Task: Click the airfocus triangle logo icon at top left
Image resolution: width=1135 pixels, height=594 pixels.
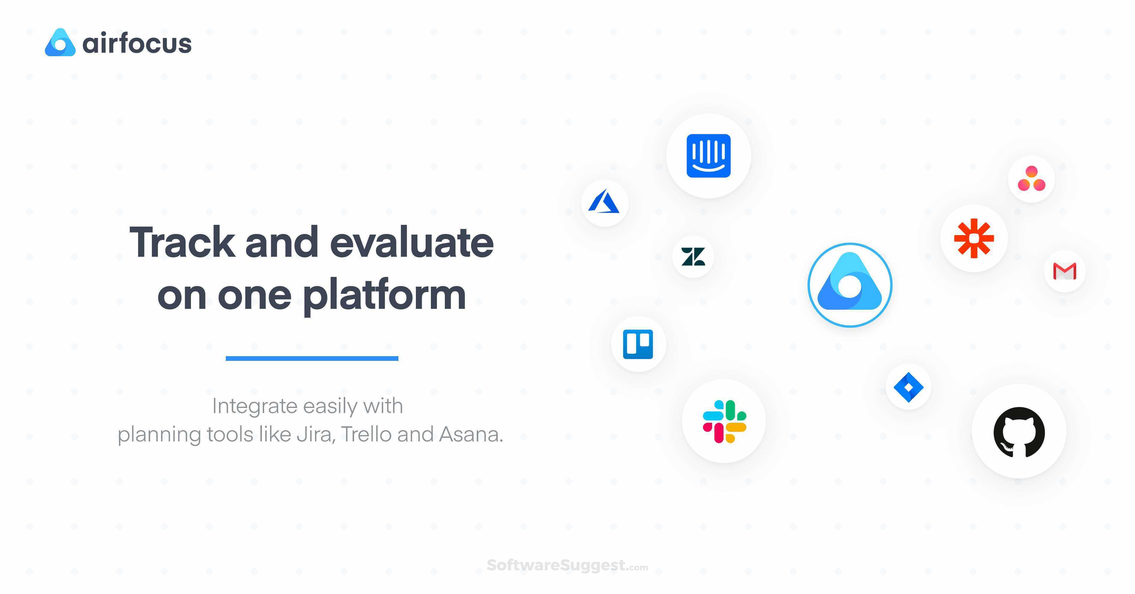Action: click(60, 43)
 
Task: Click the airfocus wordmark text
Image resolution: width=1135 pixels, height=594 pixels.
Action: click(137, 44)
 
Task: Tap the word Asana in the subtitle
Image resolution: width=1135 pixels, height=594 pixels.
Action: click(470, 434)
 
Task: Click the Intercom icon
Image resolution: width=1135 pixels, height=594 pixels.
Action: click(708, 156)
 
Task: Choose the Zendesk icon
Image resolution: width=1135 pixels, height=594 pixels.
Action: click(693, 257)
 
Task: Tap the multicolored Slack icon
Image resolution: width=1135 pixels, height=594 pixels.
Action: click(724, 421)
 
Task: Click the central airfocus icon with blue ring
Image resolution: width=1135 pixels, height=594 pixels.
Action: click(849, 285)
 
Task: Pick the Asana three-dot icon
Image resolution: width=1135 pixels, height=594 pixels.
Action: click(1031, 179)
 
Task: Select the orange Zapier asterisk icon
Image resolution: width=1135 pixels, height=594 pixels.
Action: click(974, 238)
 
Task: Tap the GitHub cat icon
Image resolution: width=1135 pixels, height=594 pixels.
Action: click(1019, 431)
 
